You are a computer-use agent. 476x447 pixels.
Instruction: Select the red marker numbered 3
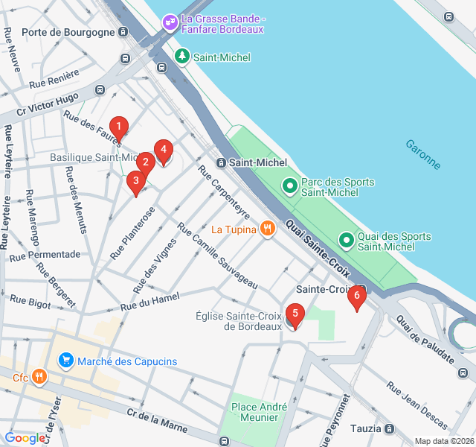[x=135, y=181]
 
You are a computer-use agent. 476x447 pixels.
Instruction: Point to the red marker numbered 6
[x=356, y=297]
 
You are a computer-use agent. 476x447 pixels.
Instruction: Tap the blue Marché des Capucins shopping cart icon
[x=66, y=361]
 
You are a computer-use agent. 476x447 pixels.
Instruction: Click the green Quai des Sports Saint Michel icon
[x=346, y=241]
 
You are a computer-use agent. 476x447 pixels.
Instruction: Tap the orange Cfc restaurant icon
[x=39, y=378]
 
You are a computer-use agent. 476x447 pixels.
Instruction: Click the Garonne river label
[x=422, y=154]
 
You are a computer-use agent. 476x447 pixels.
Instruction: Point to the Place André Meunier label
[x=259, y=412]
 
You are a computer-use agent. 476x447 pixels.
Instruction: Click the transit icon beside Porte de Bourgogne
[x=123, y=32]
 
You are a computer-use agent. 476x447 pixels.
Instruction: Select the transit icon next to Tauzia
[x=390, y=428]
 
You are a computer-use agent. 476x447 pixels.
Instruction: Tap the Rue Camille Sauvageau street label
[x=217, y=256]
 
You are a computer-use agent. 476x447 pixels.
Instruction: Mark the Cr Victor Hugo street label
[x=48, y=106]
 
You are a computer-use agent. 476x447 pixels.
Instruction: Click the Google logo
[x=24, y=438]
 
